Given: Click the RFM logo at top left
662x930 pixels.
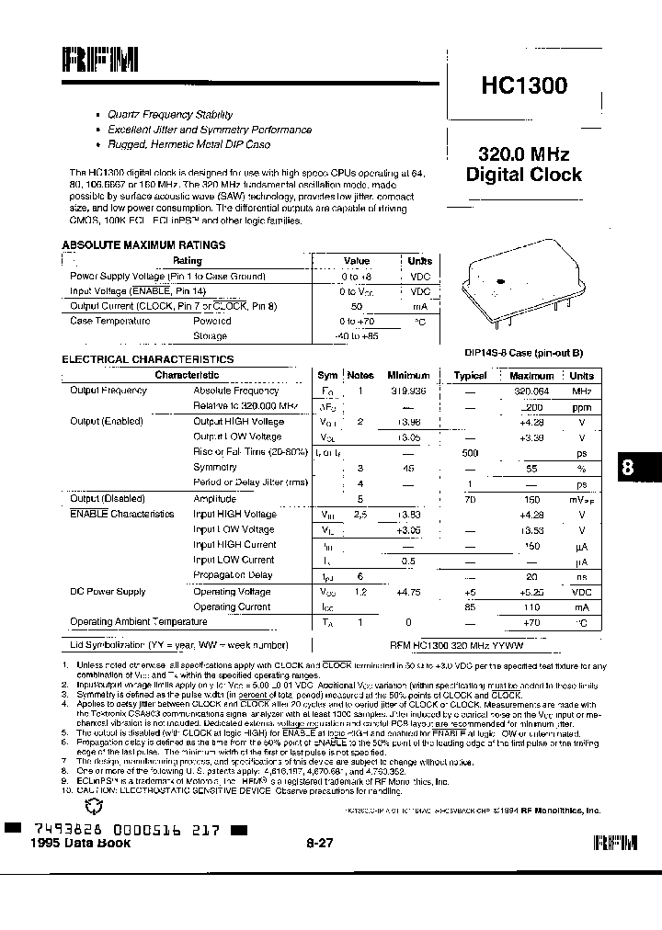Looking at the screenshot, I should tap(100, 61).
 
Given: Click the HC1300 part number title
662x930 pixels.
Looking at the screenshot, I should tap(523, 85).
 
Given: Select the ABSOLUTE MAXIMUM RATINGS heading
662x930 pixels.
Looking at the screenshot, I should tap(143, 245).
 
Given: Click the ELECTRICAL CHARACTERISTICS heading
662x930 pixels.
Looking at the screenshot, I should tap(148, 359).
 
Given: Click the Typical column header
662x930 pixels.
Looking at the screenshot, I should tap(470, 376).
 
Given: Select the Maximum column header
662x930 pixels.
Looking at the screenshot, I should tap(531, 376).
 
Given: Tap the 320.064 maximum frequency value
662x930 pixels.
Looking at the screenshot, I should tap(531, 391).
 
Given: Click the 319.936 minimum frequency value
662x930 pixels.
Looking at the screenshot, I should tap(408, 391).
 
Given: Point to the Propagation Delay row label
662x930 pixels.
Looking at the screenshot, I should tap(233, 575).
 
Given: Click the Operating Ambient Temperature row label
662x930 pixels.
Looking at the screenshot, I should tap(139, 622).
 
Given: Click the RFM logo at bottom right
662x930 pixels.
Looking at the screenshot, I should tap(617, 843).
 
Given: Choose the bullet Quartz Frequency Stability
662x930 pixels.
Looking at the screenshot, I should tap(169, 115).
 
